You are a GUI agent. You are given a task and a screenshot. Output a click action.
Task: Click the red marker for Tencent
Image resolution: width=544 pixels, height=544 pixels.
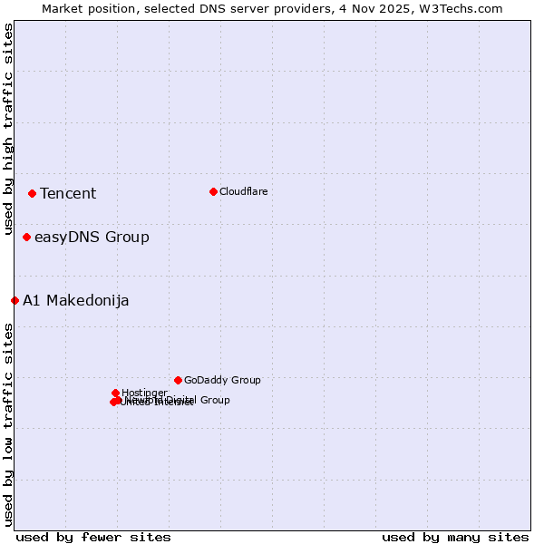click(32, 193)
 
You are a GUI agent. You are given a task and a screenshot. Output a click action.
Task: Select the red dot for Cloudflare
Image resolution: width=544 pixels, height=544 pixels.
click(213, 191)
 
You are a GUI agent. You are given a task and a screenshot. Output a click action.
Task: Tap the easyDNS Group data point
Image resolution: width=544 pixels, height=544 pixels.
click(26, 238)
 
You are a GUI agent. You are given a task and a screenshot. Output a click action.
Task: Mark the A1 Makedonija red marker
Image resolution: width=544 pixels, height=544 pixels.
click(15, 300)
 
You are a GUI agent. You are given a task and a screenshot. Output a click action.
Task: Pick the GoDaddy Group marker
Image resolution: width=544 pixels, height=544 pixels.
click(178, 380)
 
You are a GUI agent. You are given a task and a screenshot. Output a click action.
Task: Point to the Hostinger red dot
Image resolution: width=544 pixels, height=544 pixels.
click(115, 393)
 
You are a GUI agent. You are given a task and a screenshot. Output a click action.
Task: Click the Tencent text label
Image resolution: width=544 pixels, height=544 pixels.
click(68, 193)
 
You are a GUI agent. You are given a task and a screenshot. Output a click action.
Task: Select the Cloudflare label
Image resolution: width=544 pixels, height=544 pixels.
click(243, 191)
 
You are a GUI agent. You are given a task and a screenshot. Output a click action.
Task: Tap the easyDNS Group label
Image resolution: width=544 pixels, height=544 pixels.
click(92, 238)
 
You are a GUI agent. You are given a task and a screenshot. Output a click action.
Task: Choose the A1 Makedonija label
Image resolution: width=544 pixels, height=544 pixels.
click(76, 300)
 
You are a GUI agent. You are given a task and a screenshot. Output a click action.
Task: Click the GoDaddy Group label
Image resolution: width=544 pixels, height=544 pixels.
click(222, 380)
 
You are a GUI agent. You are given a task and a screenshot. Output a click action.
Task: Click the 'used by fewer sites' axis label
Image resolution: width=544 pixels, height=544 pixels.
click(93, 537)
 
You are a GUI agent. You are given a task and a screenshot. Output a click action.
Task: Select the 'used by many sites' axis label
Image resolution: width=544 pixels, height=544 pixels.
click(455, 537)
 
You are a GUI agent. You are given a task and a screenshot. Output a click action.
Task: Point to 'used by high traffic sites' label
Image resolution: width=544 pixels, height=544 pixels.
click(8, 131)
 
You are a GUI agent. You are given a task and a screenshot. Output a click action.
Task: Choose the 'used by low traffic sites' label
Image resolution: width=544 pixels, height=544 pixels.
click(8, 423)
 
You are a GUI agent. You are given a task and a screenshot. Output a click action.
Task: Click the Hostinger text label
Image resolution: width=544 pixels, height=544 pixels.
click(144, 393)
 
